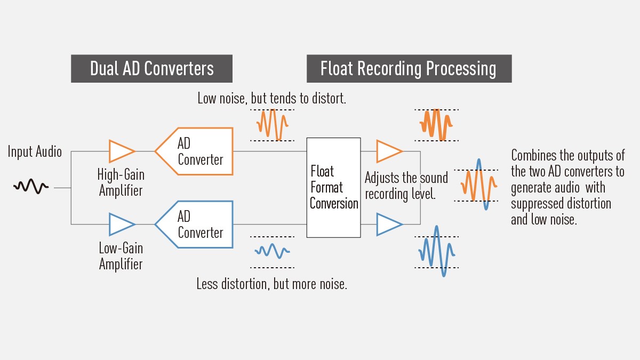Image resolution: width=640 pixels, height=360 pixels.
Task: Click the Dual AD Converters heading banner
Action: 151,69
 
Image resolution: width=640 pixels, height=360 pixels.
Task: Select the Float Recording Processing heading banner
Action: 409,69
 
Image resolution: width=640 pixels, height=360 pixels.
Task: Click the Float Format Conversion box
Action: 333,187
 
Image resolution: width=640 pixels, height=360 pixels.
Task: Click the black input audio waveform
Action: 31,187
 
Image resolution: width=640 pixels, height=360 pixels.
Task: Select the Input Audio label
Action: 35,152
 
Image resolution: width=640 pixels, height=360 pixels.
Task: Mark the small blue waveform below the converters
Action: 272,251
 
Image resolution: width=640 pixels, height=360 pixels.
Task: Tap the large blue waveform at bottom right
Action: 436,251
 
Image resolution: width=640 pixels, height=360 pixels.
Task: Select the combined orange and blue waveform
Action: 478,185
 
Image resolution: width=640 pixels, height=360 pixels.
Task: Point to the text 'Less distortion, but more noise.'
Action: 271,284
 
